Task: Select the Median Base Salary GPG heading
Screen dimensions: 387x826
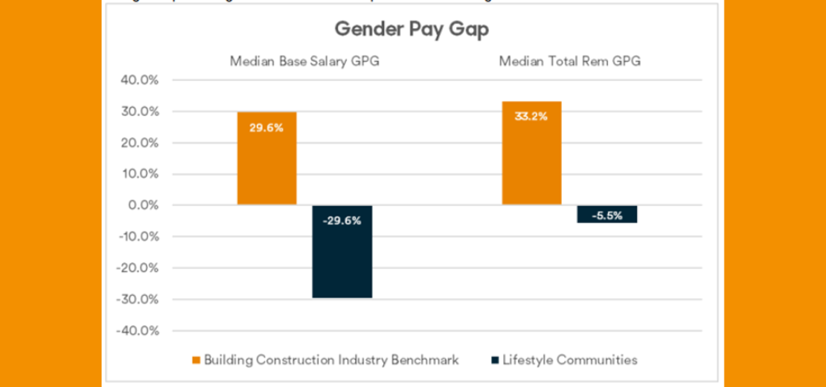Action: pyautogui.click(x=304, y=61)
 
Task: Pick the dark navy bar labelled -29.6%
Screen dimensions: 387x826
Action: pyautogui.click(x=342, y=251)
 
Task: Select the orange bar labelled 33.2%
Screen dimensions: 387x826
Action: pyautogui.click(x=531, y=153)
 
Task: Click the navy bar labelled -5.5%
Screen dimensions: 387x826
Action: pyautogui.click(x=607, y=214)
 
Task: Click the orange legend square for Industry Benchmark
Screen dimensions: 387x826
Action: pyautogui.click(x=196, y=360)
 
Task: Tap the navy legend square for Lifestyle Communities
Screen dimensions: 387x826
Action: pyautogui.click(x=495, y=360)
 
